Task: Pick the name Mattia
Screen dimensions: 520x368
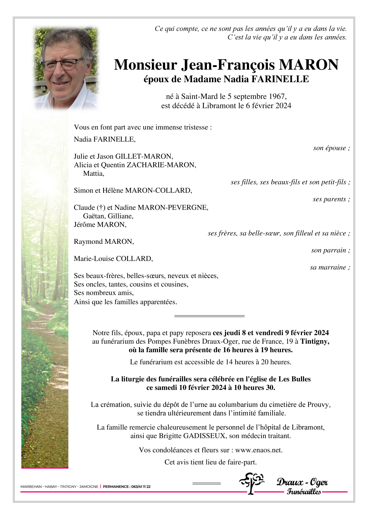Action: [x=93, y=174]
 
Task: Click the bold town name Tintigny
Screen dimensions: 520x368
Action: [x=314, y=342]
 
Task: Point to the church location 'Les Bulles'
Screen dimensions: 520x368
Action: [x=294, y=379]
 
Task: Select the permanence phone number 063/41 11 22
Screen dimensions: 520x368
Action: [x=141, y=487]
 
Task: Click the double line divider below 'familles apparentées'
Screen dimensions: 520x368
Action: [x=209, y=316]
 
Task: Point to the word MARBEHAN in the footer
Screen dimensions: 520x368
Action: [x=31, y=487]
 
